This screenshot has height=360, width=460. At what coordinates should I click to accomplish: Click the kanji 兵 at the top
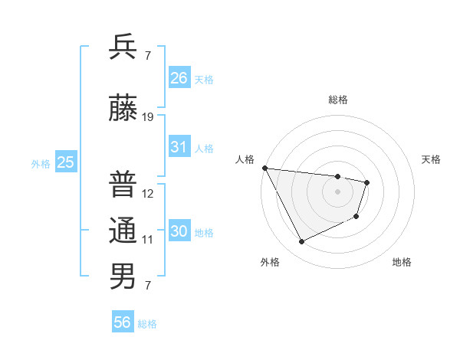[123, 47]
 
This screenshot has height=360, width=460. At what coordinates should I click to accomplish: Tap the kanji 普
[123, 184]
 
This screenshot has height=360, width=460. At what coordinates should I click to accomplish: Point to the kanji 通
[123, 230]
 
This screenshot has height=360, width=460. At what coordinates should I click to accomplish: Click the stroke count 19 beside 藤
[148, 117]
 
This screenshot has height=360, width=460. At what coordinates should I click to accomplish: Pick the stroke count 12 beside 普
[148, 193]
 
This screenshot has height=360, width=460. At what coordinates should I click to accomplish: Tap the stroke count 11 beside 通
[148, 239]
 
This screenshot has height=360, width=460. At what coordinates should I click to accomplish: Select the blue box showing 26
[179, 77]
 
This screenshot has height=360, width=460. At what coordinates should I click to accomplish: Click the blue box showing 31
[179, 147]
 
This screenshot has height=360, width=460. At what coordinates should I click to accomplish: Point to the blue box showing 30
[179, 231]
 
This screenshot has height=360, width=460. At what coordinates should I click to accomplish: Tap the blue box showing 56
[123, 322]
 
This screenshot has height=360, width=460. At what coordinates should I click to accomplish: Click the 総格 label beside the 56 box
[147, 324]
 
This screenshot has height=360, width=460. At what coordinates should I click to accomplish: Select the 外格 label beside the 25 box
[41, 163]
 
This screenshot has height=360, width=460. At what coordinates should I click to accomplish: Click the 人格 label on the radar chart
[245, 159]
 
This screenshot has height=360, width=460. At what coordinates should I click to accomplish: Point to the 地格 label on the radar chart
[402, 262]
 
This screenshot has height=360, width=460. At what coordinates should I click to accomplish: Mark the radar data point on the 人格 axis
[264, 168]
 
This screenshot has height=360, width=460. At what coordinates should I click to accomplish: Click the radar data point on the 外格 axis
[301, 242]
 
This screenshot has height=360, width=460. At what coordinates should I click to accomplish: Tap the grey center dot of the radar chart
[337, 191]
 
